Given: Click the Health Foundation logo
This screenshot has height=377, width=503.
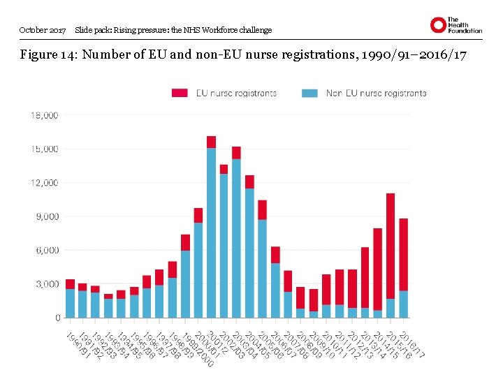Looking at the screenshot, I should coord(455,25).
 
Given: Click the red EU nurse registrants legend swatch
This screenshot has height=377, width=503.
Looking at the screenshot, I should coord(180,93).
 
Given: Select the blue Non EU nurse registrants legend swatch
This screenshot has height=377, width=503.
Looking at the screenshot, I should coord(310,93).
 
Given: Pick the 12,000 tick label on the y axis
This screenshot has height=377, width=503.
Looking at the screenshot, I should coord(44,182).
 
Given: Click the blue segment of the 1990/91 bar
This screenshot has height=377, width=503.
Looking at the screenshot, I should coord(70,303).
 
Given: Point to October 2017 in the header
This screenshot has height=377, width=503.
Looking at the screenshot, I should coord(43,30).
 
